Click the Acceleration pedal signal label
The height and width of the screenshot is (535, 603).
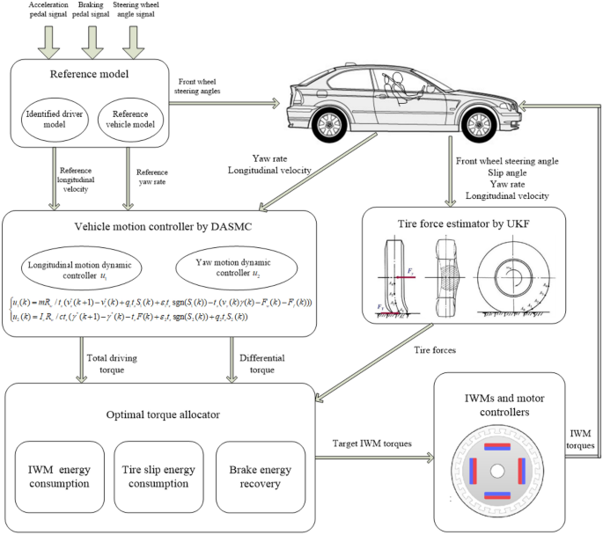tap(40, 11)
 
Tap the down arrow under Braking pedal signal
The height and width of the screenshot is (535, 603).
tap(93, 39)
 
